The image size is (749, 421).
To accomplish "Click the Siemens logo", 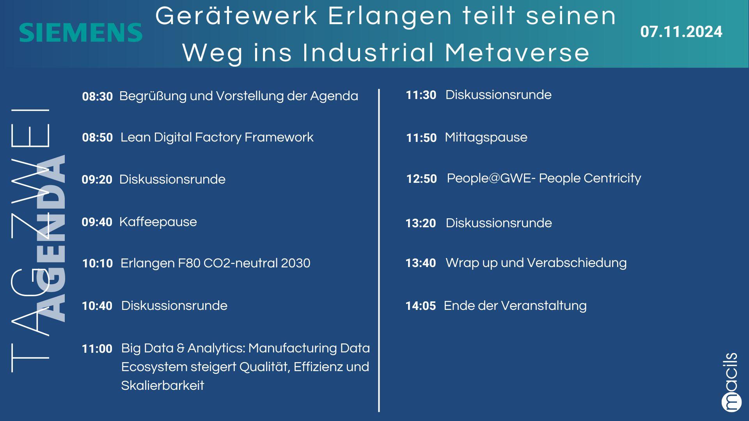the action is (81, 32).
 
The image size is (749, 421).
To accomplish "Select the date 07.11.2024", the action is (681, 32).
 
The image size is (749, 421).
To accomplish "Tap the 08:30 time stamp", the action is (97, 96).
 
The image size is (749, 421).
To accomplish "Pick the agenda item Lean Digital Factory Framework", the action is (217, 137).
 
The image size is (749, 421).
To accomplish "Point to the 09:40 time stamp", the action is (97, 222).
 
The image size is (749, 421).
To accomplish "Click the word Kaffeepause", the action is (158, 222).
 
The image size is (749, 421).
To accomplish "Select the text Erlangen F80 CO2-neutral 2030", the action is (215, 263).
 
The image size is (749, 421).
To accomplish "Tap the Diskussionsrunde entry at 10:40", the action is (174, 306).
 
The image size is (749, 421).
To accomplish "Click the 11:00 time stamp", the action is (97, 349).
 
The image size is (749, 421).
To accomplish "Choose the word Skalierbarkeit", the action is (163, 386).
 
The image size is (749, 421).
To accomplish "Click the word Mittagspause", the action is (486, 138).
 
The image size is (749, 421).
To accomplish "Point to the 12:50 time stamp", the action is (422, 179).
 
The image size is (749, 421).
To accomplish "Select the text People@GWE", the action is (489, 178).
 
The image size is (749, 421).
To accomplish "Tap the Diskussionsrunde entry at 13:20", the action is (499, 223).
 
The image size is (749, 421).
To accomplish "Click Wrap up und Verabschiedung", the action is (536, 263).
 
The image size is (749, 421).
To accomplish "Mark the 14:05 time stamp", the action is (421, 306).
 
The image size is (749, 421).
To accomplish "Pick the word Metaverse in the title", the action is (517, 53).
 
